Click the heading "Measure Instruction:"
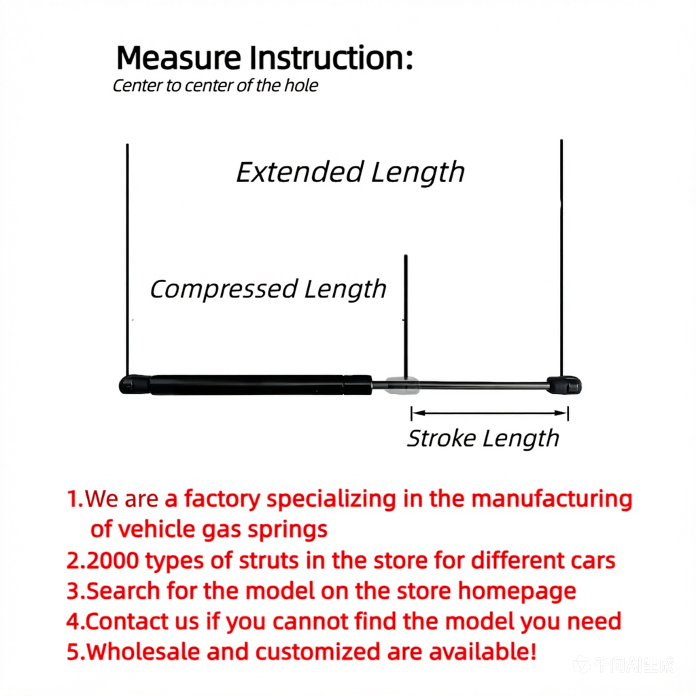[x=264, y=58]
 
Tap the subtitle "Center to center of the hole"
[x=215, y=86]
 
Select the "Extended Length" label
[x=350, y=172]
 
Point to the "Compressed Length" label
[x=268, y=290]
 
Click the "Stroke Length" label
[x=483, y=438]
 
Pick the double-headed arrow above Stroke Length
[x=489, y=413]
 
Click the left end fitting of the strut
[x=135, y=385]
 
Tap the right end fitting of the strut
[x=564, y=385]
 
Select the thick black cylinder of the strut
[x=261, y=385]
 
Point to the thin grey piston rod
[x=459, y=385]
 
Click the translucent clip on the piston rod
[x=402, y=385]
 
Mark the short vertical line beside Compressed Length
[x=406, y=317]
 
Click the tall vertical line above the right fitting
[x=561, y=258]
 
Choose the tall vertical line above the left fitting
[x=127, y=260]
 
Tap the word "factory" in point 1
[x=222, y=498]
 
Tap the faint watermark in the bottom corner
[x=623, y=665]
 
